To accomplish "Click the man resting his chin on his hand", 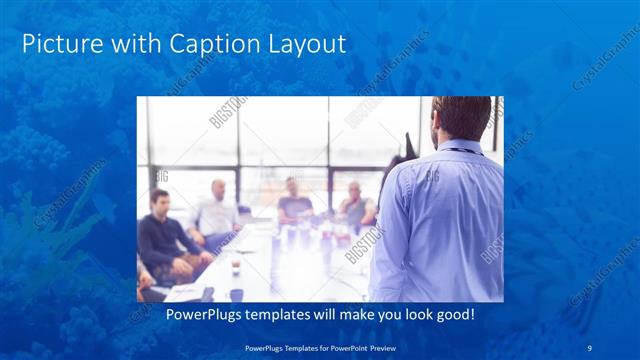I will [x=354, y=205].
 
